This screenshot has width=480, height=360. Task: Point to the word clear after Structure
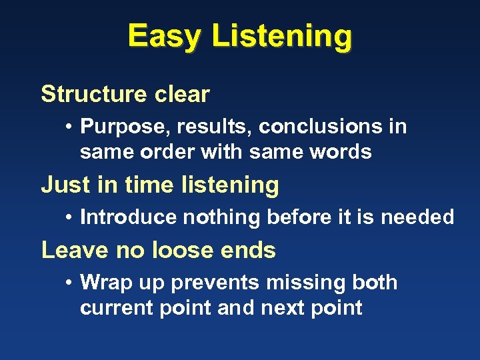(182, 95)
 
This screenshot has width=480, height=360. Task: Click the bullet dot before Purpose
(69, 127)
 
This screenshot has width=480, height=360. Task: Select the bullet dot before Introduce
(69, 217)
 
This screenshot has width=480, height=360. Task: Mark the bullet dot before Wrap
(69, 283)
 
